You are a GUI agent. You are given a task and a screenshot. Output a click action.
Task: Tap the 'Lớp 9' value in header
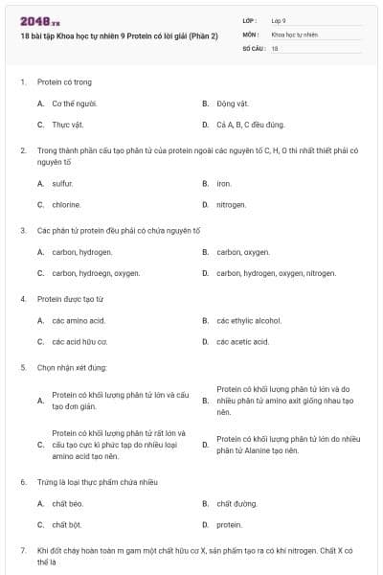(279, 20)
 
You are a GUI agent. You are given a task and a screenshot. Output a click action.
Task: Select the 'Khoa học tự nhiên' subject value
(294, 34)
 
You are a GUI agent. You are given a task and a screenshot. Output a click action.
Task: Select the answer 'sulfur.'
(62, 182)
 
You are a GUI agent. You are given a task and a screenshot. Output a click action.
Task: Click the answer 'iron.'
(224, 182)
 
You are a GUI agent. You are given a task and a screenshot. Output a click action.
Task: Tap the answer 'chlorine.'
(66, 204)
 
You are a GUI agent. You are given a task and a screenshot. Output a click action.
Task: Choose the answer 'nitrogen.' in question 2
(232, 204)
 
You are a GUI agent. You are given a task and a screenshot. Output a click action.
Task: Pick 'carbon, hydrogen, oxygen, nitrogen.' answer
(276, 272)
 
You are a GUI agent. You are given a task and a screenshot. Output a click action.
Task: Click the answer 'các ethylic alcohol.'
(249, 319)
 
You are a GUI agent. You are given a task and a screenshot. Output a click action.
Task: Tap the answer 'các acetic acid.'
(242, 341)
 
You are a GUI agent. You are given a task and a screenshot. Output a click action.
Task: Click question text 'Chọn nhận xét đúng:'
(71, 367)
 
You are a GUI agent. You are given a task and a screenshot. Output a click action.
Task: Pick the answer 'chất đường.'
(237, 502)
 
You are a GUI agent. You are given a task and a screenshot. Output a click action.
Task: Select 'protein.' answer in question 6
(229, 524)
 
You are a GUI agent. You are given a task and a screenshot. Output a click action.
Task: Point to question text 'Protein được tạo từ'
(70, 299)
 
